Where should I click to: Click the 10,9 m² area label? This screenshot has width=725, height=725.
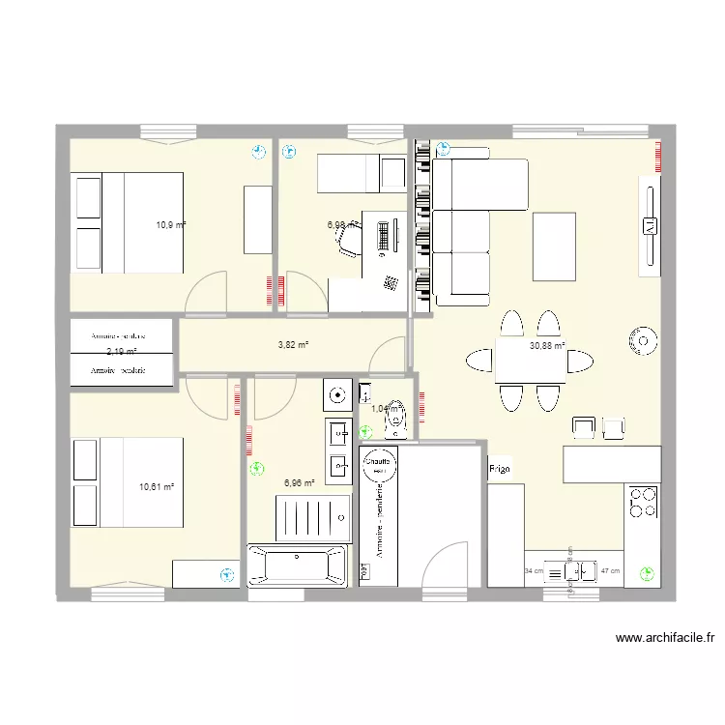(171, 225)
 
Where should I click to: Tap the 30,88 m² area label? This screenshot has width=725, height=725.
(547, 345)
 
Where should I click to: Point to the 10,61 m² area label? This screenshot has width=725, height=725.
(157, 487)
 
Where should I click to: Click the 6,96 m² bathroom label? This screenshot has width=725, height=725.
(299, 482)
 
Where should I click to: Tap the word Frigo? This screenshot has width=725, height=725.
(500, 469)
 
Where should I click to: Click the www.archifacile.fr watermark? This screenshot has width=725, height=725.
(665, 638)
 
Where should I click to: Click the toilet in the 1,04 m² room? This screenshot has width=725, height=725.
(397, 417)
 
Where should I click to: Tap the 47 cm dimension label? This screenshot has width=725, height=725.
(610, 571)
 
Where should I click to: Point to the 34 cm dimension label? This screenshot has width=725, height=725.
(534, 571)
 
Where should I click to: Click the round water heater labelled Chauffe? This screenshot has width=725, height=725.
(377, 464)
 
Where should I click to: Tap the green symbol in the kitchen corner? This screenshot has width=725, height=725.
(645, 573)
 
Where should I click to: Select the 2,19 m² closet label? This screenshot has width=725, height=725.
(121, 352)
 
